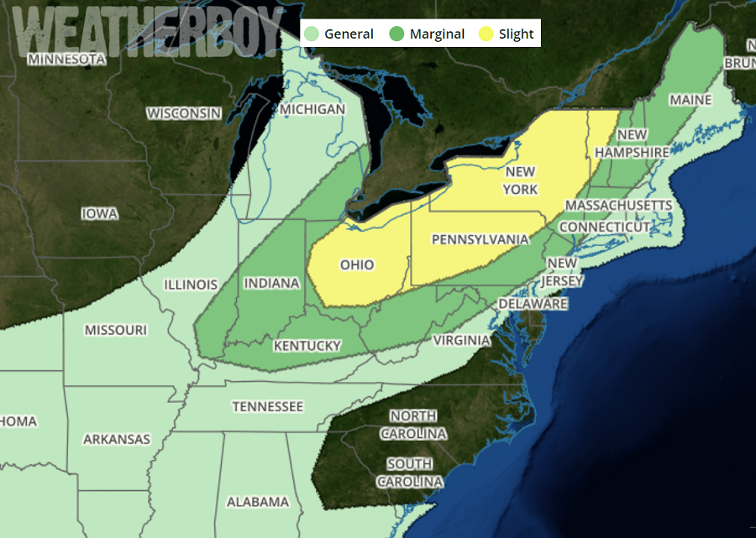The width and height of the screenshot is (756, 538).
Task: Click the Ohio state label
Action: click(x=357, y=264)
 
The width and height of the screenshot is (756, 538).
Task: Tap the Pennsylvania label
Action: click(x=480, y=239)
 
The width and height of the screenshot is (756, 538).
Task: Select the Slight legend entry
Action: click(x=507, y=34)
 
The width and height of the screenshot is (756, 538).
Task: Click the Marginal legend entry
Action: click(x=428, y=34)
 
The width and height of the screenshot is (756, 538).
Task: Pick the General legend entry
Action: click(x=340, y=34)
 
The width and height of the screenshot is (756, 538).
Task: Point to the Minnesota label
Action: click(x=66, y=59)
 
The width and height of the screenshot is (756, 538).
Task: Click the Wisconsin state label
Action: click(x=184, y=112)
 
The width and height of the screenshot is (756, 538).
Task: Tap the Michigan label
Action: click(x=312, y=109)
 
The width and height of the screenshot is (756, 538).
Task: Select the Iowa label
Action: click(x=99, y=213)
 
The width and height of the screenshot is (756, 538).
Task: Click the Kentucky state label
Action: click(x=307, y=345)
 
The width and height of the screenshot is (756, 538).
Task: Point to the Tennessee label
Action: click(x=267, y=406)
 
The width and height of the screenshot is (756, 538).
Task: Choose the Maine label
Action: click(x=690, y=100)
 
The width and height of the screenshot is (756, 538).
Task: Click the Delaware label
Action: click(x=533, y=303)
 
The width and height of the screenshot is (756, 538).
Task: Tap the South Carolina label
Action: click(x=410, y=473)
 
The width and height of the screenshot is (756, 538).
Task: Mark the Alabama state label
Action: click(x=257, y=502)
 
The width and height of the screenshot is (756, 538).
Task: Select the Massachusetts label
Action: click(x=618, y=205)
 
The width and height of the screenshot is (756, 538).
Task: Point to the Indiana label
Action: click(x=271, y=283)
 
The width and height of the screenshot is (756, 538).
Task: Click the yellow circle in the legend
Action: click(x=486, y=34)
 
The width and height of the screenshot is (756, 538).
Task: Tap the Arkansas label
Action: click(x=117, y=439)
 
